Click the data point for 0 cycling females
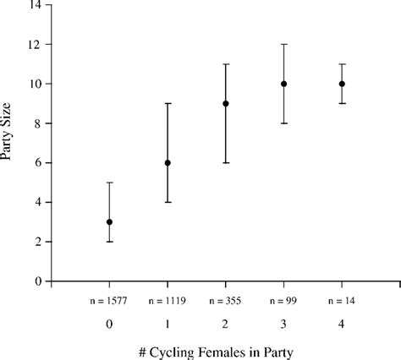pos(109,222)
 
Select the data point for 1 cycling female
pos(168,163)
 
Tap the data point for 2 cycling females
pos(226,104)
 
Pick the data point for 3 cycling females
pos(284,84)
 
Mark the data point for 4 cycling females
pos(343,84)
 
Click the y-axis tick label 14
pos(35,5)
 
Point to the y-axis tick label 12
pos(35,45)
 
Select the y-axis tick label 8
pos(38,123)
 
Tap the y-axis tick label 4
pos(38,203)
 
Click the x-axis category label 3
pos(284,323)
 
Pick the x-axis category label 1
pos(168,323)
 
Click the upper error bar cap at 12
pos(284,44)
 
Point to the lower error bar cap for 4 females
pos(343,103)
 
